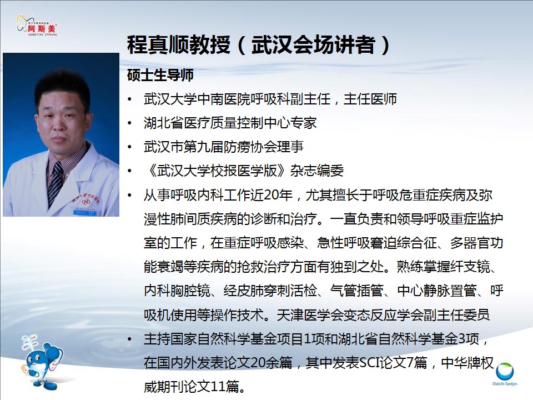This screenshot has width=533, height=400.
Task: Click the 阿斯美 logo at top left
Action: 37,25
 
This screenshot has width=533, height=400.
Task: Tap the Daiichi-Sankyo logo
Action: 505,374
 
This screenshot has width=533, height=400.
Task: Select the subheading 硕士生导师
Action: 160,75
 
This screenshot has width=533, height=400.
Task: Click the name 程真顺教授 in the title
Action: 178,44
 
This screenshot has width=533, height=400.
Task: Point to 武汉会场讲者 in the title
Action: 313,44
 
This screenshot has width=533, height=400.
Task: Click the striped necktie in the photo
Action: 55,184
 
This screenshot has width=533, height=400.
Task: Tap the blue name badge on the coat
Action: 86,213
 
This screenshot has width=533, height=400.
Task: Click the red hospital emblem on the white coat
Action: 86,201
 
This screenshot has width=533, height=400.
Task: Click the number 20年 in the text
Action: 278,195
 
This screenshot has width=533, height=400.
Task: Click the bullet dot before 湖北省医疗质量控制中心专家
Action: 129,123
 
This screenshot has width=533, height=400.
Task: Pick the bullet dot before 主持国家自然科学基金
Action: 129,339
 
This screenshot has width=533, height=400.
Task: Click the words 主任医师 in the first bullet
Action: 370,99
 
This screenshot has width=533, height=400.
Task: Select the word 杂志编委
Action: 317,171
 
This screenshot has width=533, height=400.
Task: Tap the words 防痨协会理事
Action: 263,147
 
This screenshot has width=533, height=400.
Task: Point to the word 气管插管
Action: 356,291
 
